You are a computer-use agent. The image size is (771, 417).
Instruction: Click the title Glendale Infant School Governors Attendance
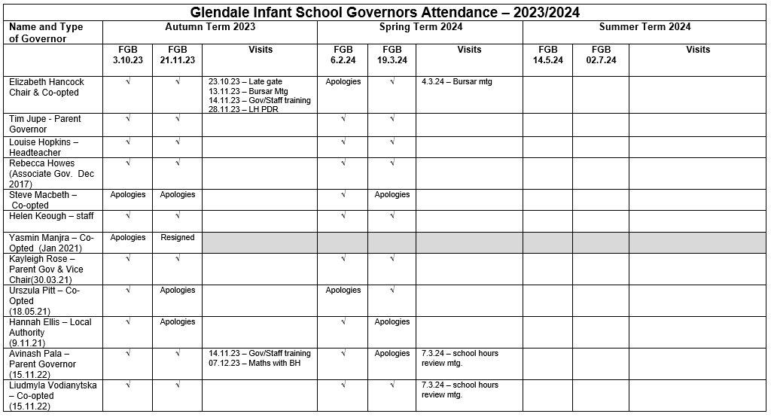point(385,13)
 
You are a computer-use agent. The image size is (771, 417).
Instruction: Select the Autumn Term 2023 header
point(210,27)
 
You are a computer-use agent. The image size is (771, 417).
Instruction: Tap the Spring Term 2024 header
point(419,27)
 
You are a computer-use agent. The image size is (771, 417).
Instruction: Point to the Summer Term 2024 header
point(645,27)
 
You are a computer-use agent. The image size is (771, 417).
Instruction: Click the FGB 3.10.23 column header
point(127,55)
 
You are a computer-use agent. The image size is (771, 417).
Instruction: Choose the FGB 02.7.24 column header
point(600,55)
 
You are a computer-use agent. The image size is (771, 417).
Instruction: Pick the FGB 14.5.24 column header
point(547,55)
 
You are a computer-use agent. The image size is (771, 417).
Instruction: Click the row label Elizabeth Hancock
point(47,82)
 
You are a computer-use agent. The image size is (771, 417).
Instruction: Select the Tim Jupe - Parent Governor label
point(45,124)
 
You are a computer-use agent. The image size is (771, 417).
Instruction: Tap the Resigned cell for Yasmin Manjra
point(178,238)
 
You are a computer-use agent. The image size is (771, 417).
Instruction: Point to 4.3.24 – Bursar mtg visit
point(457,82)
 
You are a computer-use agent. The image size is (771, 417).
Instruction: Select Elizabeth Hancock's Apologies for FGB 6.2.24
point(343,82)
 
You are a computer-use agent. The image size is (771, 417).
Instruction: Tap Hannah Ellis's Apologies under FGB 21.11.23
point(178,322)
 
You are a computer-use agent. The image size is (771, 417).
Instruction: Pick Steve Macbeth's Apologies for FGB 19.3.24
point(392,195)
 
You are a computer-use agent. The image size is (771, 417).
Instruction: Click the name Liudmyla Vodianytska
point(53,385)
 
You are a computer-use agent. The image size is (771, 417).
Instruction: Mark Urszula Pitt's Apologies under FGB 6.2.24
point(343,291)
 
